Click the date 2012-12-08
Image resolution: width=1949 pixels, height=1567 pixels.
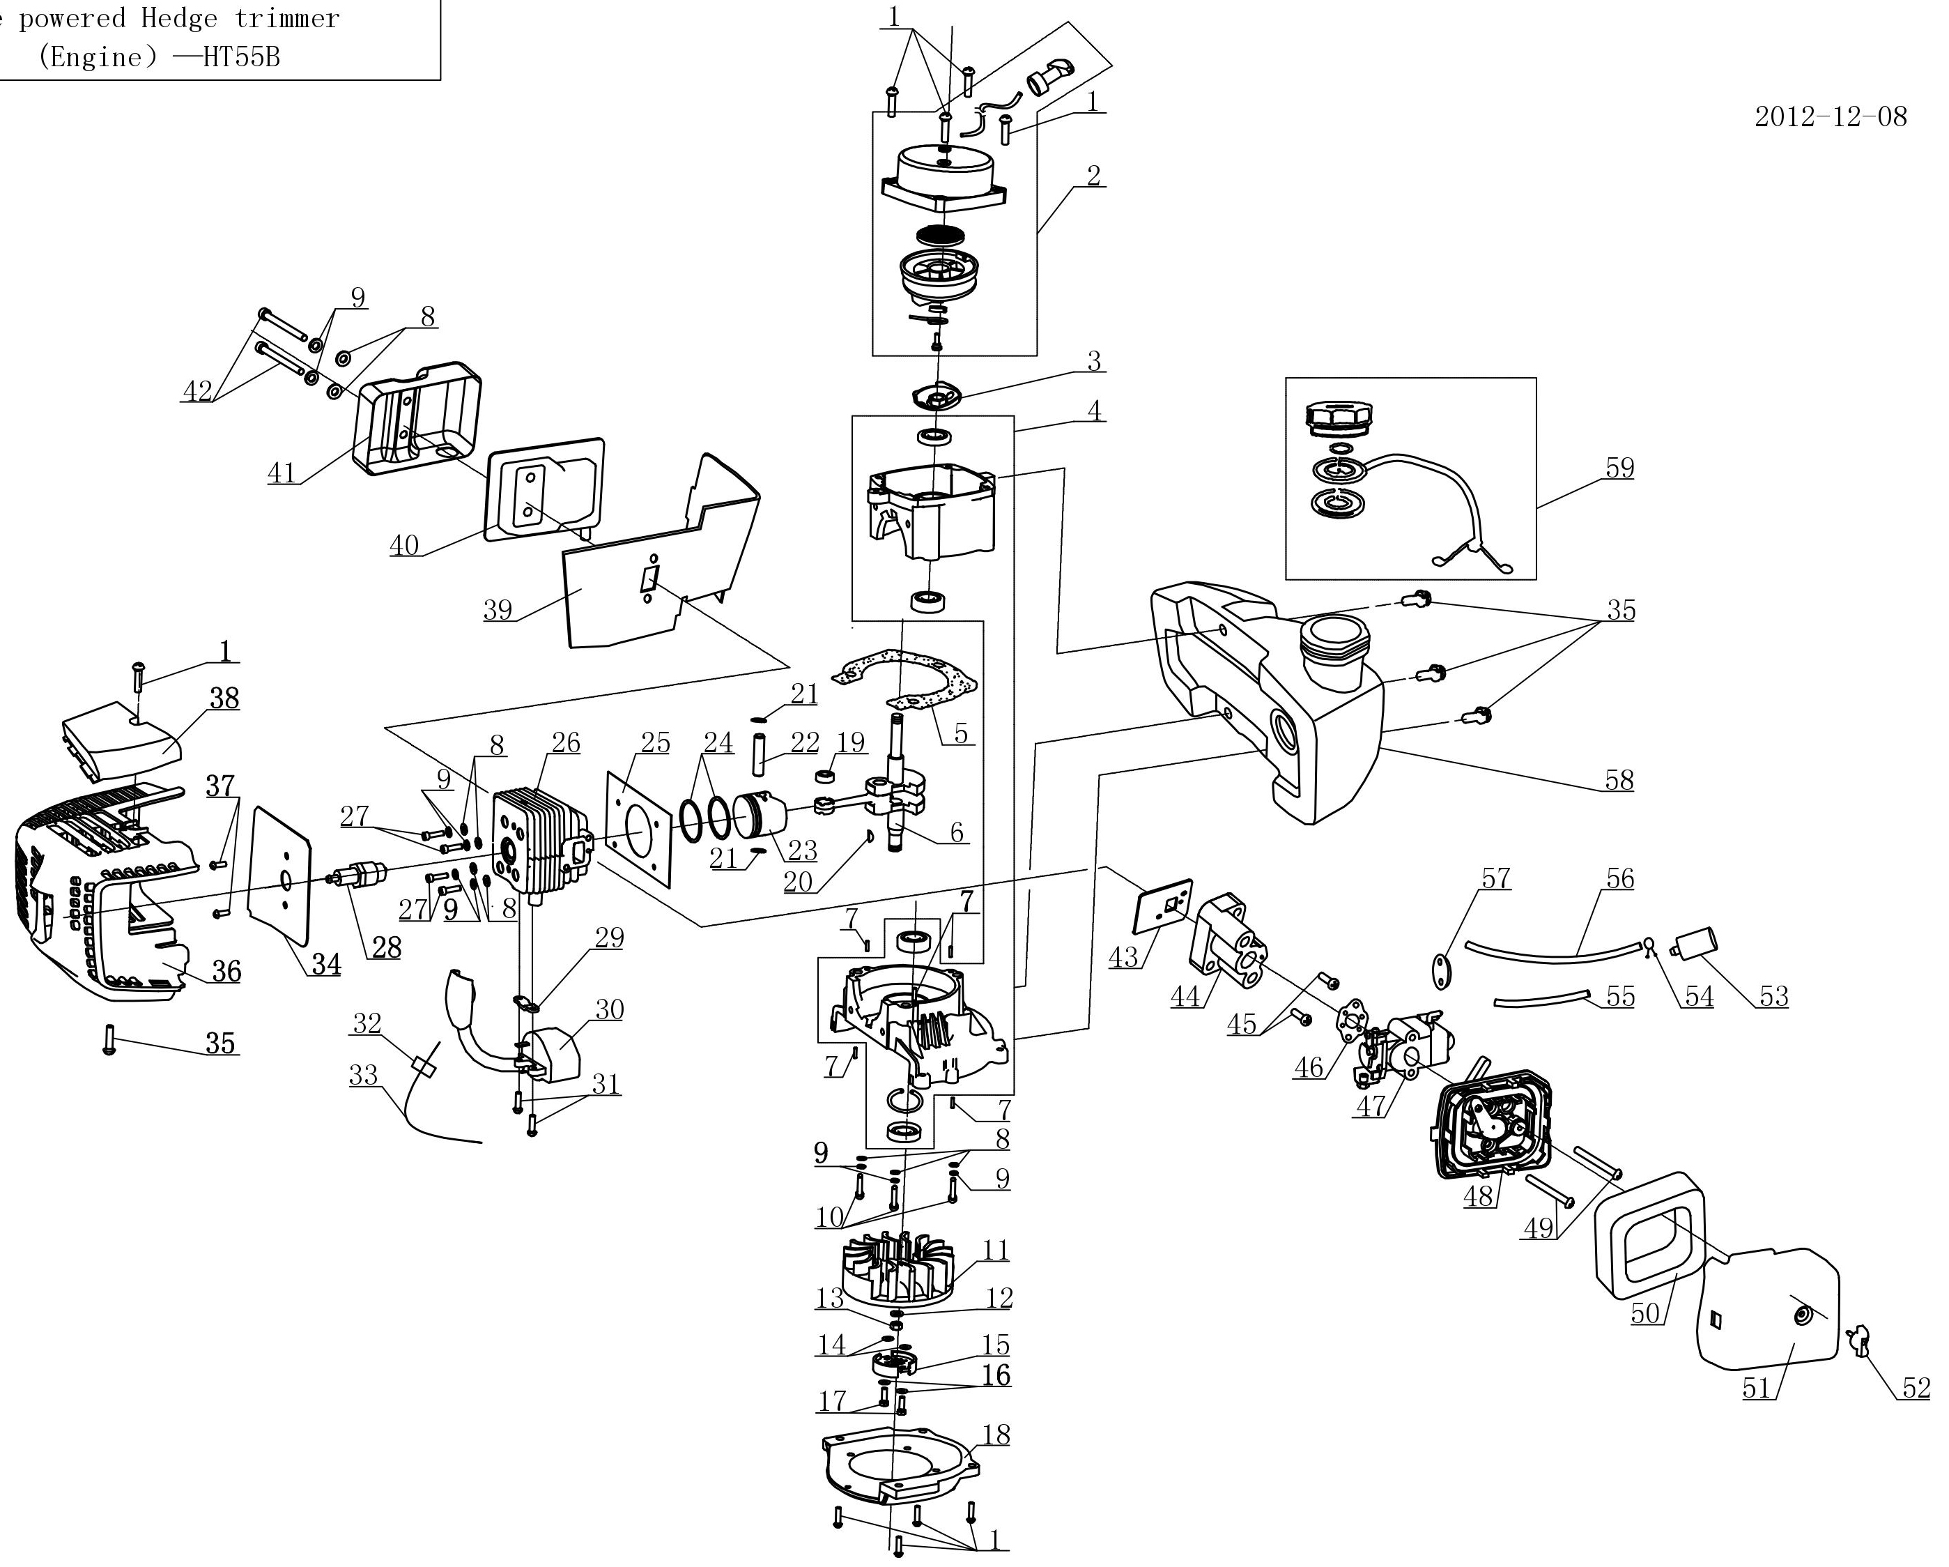click(1831, 116)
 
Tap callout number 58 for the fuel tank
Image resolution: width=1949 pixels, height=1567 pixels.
click(1619, 779)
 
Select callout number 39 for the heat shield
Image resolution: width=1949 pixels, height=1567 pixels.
click(498, 609)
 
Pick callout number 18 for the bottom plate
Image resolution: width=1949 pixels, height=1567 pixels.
click(995, 1434)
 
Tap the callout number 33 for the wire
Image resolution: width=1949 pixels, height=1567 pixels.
click(364, 1075)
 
